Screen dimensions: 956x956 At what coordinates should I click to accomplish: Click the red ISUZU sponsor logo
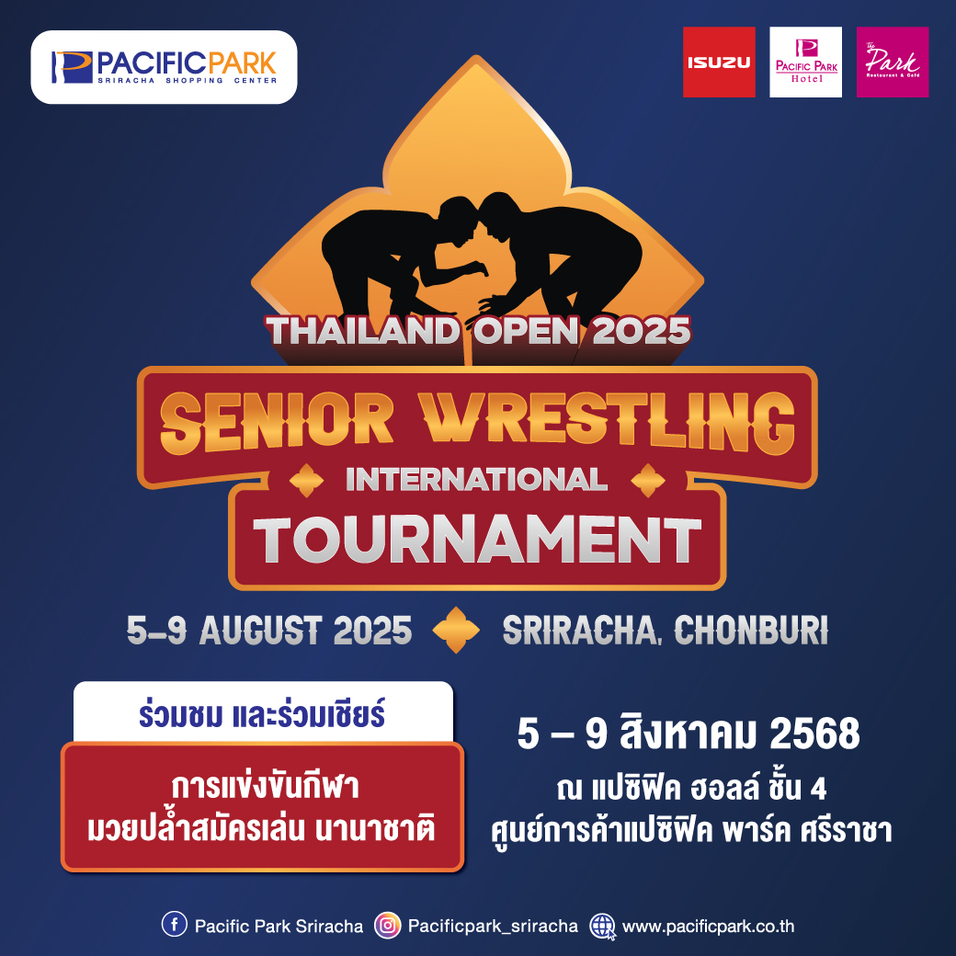click(719, 63)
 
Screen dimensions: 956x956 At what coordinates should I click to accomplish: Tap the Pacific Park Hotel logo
click(805, 63)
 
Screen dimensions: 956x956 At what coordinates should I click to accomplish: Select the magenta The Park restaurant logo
click(893, 63)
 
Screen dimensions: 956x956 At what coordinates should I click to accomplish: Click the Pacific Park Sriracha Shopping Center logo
click(164, 67)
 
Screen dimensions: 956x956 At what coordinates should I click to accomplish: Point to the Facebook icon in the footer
click(175, 925)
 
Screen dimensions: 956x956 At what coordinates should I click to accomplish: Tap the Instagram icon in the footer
click(387, 925)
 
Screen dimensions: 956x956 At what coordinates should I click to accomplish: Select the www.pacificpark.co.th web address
click(708, 927)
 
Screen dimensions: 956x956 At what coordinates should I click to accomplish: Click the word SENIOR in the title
click(277, 422)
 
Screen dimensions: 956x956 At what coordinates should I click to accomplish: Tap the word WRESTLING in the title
click(609, 422)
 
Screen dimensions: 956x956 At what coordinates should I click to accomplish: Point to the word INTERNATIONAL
click(476, 479)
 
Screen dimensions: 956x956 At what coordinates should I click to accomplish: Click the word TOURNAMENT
click(477, 541)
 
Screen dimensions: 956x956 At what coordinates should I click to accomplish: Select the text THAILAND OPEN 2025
click(478, 331)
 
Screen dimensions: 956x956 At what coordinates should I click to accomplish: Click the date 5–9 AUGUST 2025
click(268, 630)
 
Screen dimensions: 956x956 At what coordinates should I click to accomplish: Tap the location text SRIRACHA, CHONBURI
click(666, 630)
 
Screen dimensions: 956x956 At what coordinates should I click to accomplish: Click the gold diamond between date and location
click(456, 630)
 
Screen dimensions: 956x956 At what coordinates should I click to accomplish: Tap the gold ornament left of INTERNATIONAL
click(306, 481)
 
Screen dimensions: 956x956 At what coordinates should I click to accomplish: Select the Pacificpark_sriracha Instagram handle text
click(493, 927)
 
